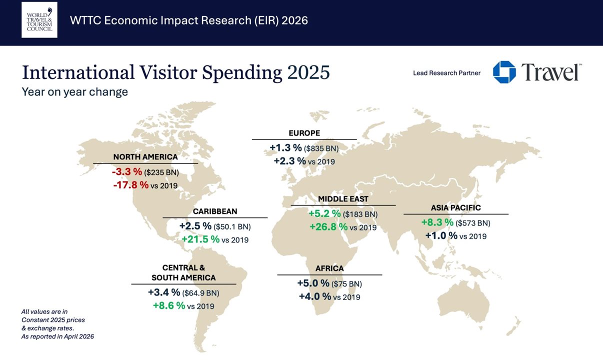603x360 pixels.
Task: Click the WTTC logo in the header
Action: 39,20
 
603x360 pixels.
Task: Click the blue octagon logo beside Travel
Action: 504,72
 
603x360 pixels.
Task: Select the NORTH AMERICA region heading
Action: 145,157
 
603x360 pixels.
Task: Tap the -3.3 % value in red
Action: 127,172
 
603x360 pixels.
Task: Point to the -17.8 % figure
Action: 130,185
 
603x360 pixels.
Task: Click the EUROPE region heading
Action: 304,133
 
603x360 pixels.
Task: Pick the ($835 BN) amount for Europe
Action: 321,148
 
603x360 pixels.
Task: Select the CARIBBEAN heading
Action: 215,211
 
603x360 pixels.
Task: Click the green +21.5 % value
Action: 200,239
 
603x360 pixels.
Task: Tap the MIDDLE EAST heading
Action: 343,199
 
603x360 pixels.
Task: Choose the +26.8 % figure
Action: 328,227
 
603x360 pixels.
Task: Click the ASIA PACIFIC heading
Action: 455,208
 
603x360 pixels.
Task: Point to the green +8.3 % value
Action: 437,222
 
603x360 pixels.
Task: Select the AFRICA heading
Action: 329,268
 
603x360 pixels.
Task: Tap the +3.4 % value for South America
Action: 164,292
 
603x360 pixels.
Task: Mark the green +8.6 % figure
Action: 169,305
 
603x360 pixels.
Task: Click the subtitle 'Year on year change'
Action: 74,92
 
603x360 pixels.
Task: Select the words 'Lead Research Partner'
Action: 446,73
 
